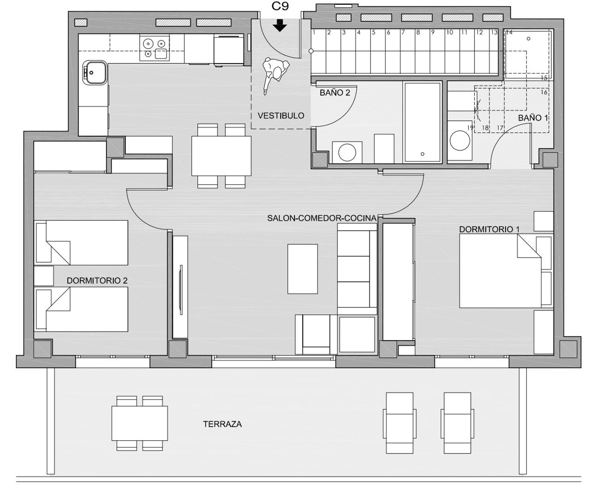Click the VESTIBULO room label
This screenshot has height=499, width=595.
[x=281, y=116]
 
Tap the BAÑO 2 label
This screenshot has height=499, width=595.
[x=335, y=93]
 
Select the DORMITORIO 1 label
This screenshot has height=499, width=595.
[x=489, y=229]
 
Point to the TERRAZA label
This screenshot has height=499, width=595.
[x=222, y=424]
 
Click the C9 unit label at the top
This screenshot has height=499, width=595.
[x=280, y=6]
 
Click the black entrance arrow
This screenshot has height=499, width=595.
[x=280, y=25]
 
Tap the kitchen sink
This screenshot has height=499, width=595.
[x=95, y=73]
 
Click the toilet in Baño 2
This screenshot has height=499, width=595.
[x=347, y=152]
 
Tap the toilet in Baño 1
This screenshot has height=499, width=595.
[x=460, y=140]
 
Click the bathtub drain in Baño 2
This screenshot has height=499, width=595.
[x=422, y=154]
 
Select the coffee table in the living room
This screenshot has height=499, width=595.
[x=303, y=269]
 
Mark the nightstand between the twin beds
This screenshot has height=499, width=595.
[x=44, y=276]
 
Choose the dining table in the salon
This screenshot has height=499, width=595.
[x=221, y=156]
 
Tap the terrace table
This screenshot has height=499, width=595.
[x=140, y=423]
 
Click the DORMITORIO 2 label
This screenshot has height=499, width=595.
[x=97, y=281]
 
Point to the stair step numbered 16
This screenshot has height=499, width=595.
[x=544, y=92]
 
